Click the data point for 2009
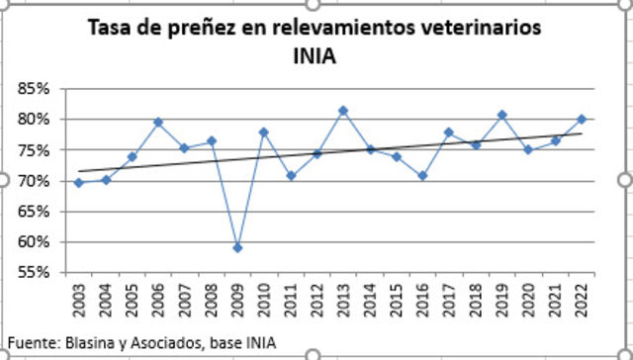point(237,247)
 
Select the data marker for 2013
point(343,111)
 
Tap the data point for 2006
point(158,123)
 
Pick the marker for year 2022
point(582,120)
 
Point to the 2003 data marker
point(79,182)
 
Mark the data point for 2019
point(502,115)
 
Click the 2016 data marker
point(422,176)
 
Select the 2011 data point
point(291,176)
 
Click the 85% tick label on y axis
point(34,89)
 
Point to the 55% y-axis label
point(34,273)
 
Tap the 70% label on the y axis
point(34,181)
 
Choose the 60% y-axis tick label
point(34,242)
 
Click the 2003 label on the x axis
point(79,299)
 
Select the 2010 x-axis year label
point(264,299)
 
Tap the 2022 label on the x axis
point(582,299)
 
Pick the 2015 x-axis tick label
point(397,299)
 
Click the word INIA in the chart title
point(315,56)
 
